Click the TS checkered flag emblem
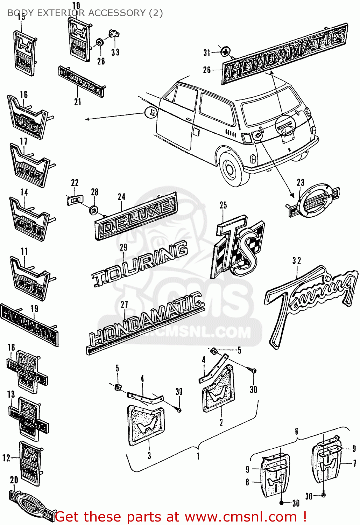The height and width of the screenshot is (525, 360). click(x=238, y=248)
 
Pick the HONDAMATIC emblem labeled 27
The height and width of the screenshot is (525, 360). click(x=145, y=324)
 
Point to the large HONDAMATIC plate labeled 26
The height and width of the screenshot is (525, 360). click(x=284, y=54)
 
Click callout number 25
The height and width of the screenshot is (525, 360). click(x=223, y=205)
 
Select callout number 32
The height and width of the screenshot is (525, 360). click(x=296, y=261)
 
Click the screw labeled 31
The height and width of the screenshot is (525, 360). click(x=226, y=52)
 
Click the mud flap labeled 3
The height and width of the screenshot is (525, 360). click(x=146, y=425)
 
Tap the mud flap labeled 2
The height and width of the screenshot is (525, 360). click(x=218, y=389)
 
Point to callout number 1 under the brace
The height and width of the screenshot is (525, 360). click(x=198, y=456)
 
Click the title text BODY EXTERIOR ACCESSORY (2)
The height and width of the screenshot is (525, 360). click(x=85, y=13)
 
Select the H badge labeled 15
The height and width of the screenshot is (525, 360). click(x=25, y=52)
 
